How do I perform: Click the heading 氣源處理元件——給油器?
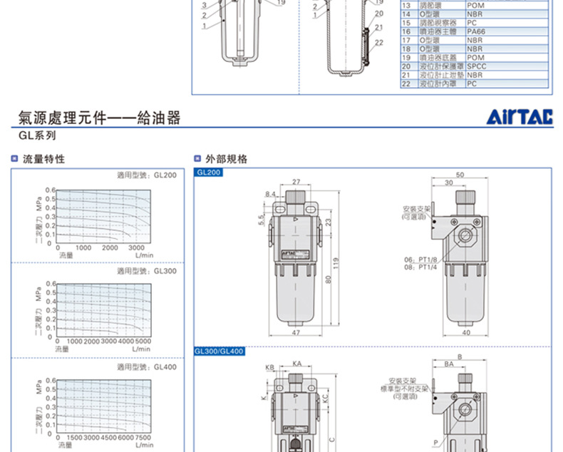tap(99, 118)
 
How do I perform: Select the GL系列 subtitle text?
tap(37, 135)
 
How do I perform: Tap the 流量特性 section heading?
tap(43, 159)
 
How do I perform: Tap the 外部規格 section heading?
tap(226, 159)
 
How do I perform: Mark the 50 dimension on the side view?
tap(460, 175)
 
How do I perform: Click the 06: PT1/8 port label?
tap(420, 260)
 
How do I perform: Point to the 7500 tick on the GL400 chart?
tap(143, 437)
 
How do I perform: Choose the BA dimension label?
tap(449, 364)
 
